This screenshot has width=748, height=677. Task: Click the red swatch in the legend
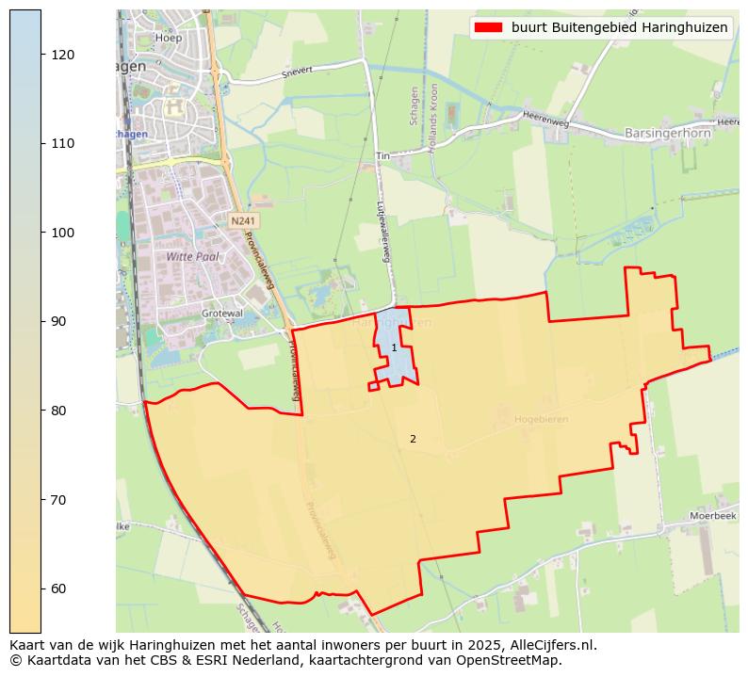487,28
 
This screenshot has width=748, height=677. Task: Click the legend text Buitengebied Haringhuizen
619,28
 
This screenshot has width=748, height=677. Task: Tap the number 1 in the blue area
394,348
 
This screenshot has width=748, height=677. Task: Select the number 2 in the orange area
413,439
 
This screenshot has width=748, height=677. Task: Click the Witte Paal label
191,256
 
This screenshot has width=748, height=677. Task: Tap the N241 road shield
243,220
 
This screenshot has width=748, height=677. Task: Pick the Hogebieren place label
541,419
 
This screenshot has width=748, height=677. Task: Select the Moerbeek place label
712,516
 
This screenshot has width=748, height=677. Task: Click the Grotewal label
221,313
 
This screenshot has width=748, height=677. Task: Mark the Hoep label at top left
170,39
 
